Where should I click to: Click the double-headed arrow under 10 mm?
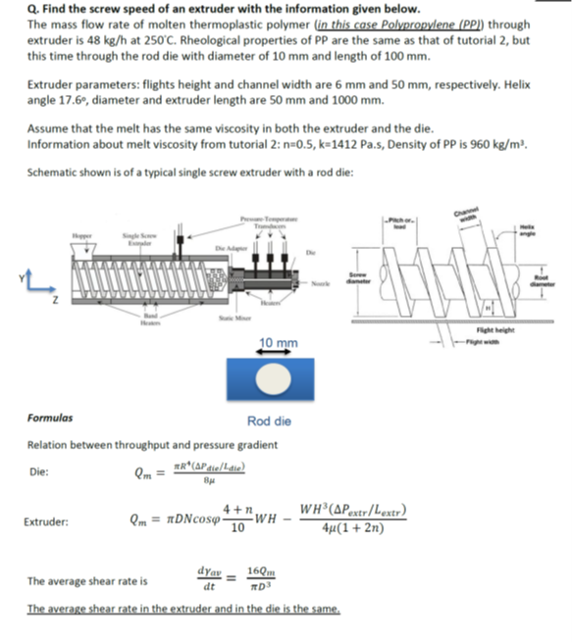pos(280,355)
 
